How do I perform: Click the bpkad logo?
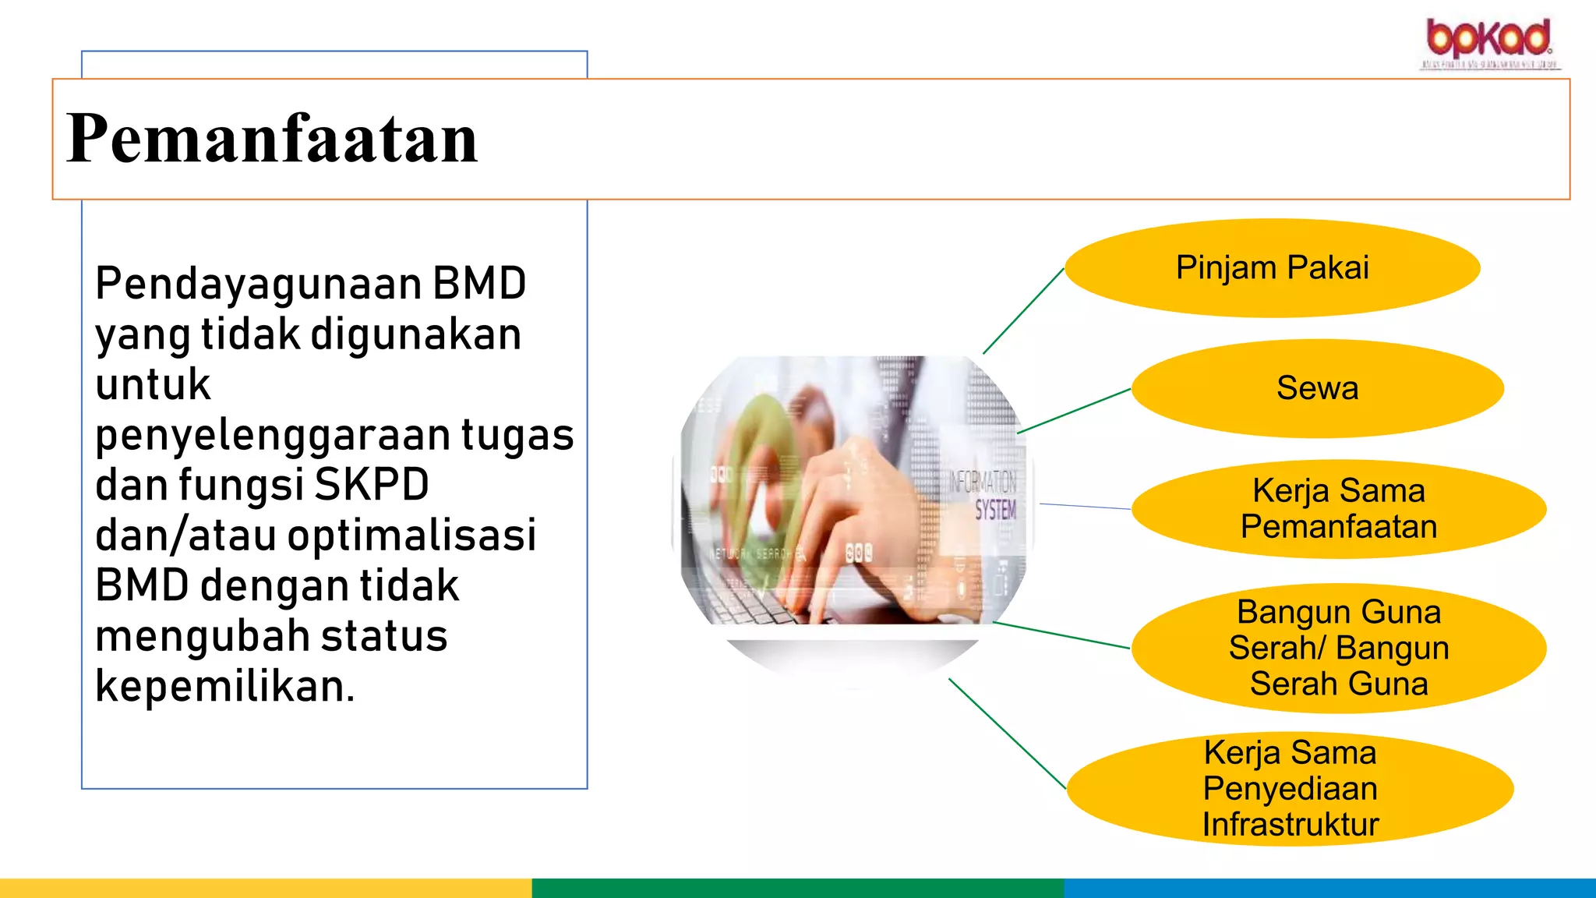click(1488, 42)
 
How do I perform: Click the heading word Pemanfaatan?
click(271, 139)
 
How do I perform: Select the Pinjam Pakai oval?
click(1272, 267)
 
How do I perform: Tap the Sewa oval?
click(1317, 388)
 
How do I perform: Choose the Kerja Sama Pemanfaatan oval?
click(1338, 509)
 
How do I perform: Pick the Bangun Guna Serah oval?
click(1338, 648)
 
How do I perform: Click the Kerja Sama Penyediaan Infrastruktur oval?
click(1290, 788)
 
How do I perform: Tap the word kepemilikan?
click(224, 687)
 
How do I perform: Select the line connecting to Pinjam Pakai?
click(1023, 311)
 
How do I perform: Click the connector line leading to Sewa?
click(1074, 411)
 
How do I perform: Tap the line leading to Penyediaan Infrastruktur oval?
click(1007, 734)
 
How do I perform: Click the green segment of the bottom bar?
click(797, 888)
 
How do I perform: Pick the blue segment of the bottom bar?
click(1329, 888)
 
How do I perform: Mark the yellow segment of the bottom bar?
click(265, 888)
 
